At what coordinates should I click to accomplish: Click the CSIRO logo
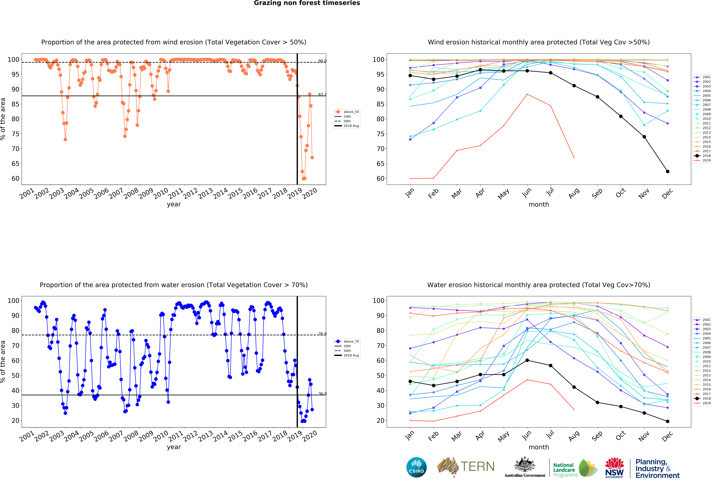pyautogui.click(x=416, y=467)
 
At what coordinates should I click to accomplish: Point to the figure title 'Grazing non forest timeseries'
pyautogui.click(x=307, y=3)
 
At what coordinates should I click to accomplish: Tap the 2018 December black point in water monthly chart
pyautogui.click(x=668, y=421)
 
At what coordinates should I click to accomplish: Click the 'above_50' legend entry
pyautogui.click(x=347, y=112)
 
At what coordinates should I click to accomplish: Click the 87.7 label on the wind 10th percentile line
pyautogui.click(x=322, y=95)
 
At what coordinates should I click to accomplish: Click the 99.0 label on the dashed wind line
pyautogui.click(x=322, y=61)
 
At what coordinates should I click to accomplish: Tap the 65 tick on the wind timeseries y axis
pyautogui.click(x=15, y=164)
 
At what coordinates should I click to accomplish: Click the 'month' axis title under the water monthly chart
pyautogui.click(x=539, y=447)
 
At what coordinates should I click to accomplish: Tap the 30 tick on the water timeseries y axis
pyautogui.click(x=15, y=405)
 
